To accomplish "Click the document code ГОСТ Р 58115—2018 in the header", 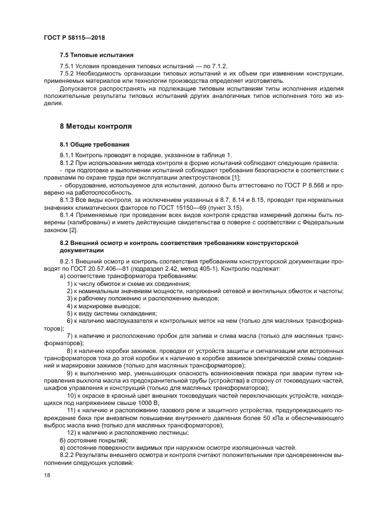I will (74, 37).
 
